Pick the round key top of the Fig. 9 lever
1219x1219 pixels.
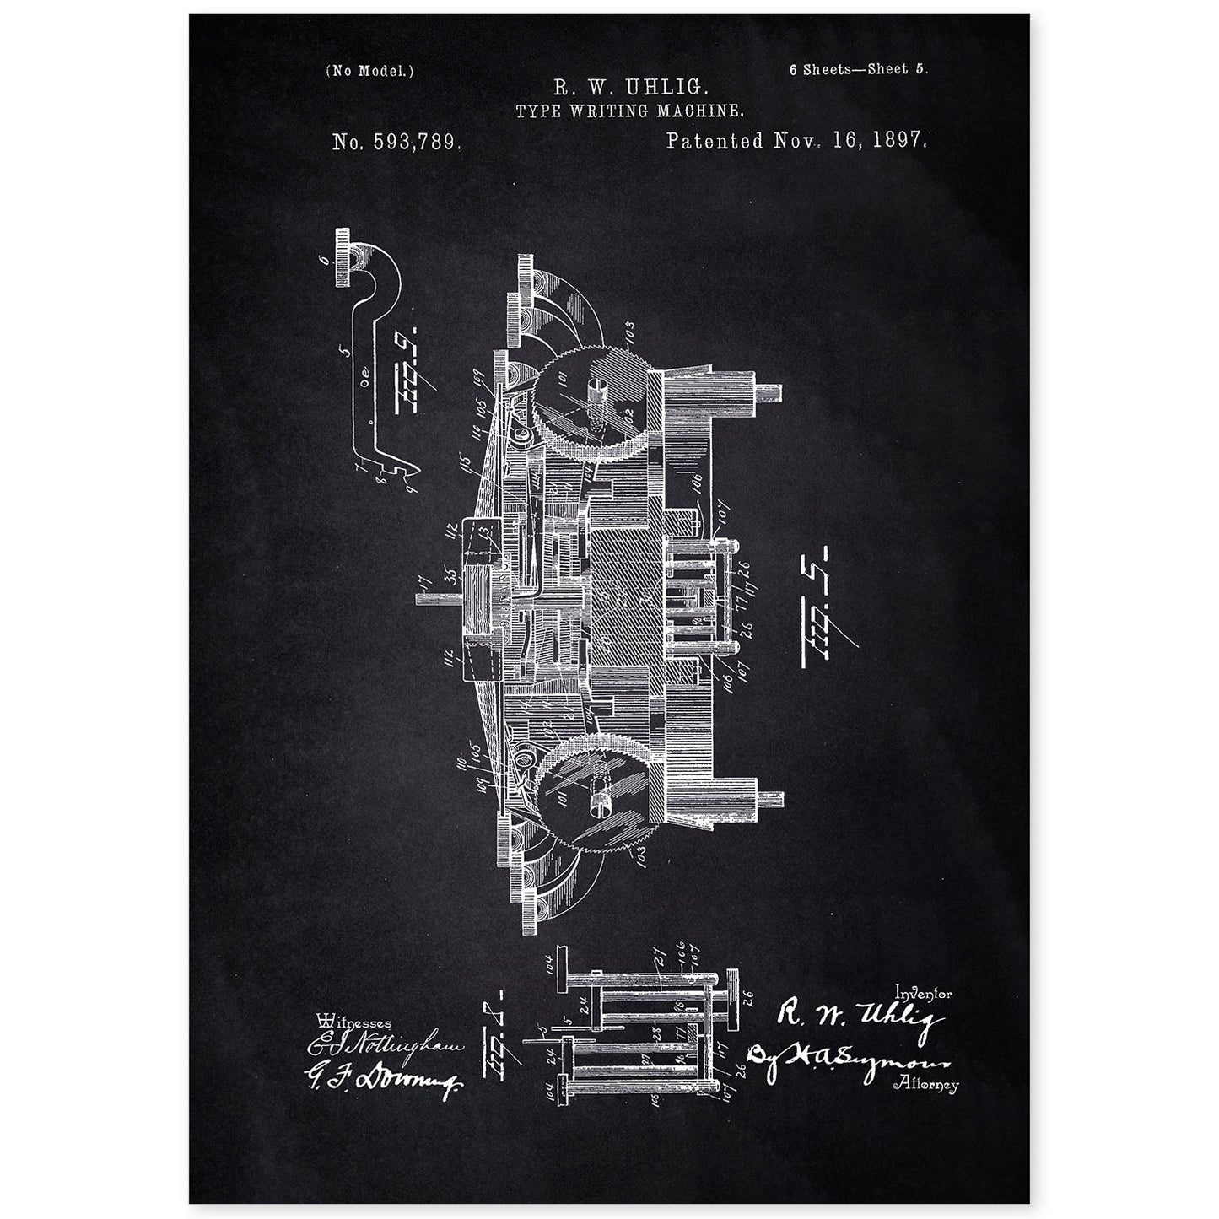346,256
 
